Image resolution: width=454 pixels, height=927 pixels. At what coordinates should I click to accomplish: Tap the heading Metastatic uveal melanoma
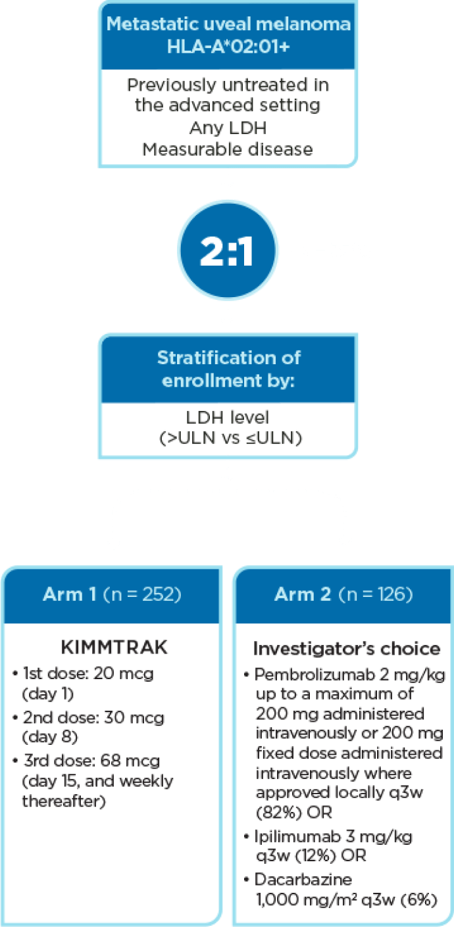(228, 24)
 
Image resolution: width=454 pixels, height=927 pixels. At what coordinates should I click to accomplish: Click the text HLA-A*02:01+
(228, 47)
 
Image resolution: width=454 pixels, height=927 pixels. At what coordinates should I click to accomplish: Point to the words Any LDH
(228, 127)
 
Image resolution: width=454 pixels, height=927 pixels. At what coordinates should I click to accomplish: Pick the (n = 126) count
(376, 594)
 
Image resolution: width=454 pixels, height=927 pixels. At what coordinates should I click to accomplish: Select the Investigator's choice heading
(347, 648)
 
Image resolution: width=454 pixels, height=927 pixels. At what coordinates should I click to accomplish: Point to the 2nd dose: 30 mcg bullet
(89, 717)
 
